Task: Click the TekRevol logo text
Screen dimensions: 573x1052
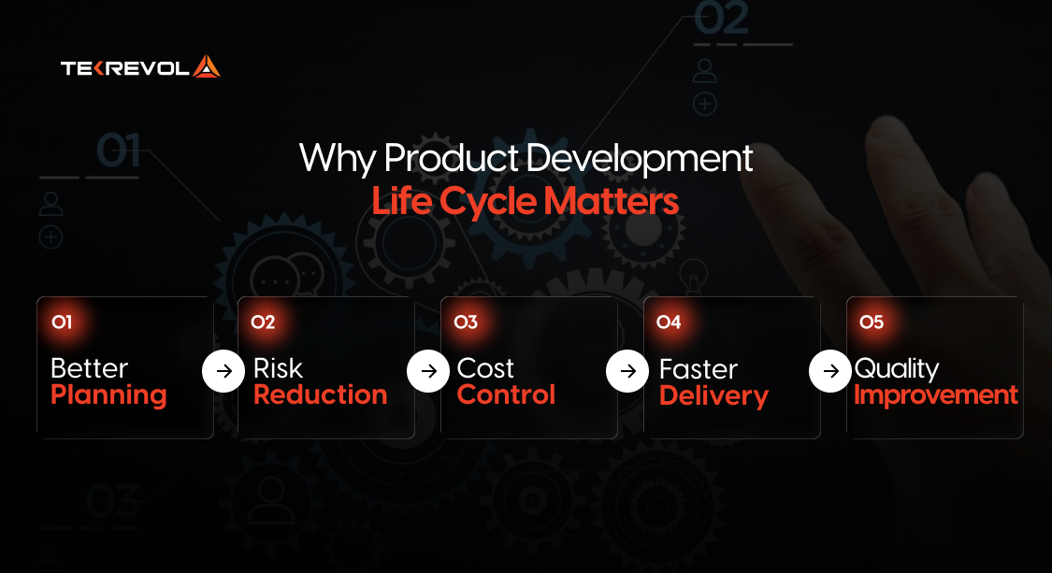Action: [x=125, y=68]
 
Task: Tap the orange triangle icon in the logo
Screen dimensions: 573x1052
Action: [x=206, y=67]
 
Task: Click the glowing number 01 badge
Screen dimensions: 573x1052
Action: [x=62, y=322]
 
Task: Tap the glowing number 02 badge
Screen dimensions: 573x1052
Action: [x=264, y=322]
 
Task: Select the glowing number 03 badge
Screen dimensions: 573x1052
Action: [x=466, y=322]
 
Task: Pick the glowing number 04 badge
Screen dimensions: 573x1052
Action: [x=669, y=322]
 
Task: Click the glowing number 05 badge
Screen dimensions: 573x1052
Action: [x=872, y=322]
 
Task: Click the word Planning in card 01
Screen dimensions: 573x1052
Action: [x=108, y=395]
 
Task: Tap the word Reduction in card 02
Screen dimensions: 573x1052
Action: [x=320, y=395]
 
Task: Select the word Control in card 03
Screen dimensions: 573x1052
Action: [x=506, y=395]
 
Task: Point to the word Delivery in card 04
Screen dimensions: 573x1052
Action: [x=713, y=396]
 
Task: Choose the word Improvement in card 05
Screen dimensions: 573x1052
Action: [x=936, y=395]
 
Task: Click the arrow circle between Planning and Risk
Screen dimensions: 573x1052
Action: [x=223, y=372]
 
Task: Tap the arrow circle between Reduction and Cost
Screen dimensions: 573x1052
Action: [x=427, y=372]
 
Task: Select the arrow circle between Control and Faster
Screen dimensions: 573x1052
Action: [x=627, y=372]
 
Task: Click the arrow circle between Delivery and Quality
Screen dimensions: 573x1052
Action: [x=829, y=372]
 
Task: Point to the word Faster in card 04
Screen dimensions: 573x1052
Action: [x=699, y=369]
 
